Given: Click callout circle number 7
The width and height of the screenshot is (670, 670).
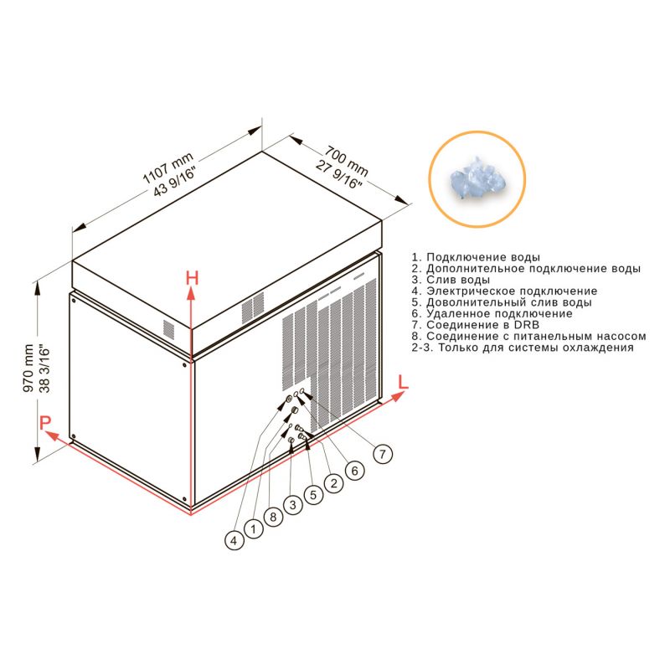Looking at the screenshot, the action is coord(383,454).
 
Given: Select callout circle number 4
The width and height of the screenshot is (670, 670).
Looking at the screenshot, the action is coord(234,541).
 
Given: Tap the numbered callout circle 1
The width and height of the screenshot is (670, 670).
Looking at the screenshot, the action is coord(254,529).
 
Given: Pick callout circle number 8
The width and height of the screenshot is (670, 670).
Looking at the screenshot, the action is coord(273,517).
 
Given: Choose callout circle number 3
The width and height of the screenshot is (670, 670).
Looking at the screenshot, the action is coord(292,505).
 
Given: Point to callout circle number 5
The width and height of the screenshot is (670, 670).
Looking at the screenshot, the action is coord(313,495).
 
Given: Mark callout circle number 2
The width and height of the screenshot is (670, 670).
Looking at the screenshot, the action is coord(333,483).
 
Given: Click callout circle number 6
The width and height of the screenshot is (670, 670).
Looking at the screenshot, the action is coord(354,471).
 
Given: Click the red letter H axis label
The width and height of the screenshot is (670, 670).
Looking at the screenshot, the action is coord(193,279).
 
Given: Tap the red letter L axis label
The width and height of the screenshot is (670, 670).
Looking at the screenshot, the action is coord(403,382).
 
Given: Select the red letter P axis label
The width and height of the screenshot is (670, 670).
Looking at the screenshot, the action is coord(45,423).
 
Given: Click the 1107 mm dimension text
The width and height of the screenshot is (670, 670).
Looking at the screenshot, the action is coord(167,168).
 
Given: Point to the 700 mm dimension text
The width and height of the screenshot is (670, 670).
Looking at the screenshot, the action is coord(346,161).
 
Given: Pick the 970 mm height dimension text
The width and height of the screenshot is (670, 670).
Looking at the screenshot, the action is coord(28,368).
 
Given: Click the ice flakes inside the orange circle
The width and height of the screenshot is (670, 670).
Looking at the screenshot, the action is coord(477,178).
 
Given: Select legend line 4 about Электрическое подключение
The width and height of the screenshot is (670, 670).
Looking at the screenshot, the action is coord(504,291).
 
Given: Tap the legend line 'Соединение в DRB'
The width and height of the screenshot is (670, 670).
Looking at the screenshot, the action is coord(476,325).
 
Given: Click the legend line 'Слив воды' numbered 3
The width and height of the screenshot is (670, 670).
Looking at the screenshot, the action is coord(451,280).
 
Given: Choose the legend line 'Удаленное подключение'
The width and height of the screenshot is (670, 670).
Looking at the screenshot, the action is coord(492,313).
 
